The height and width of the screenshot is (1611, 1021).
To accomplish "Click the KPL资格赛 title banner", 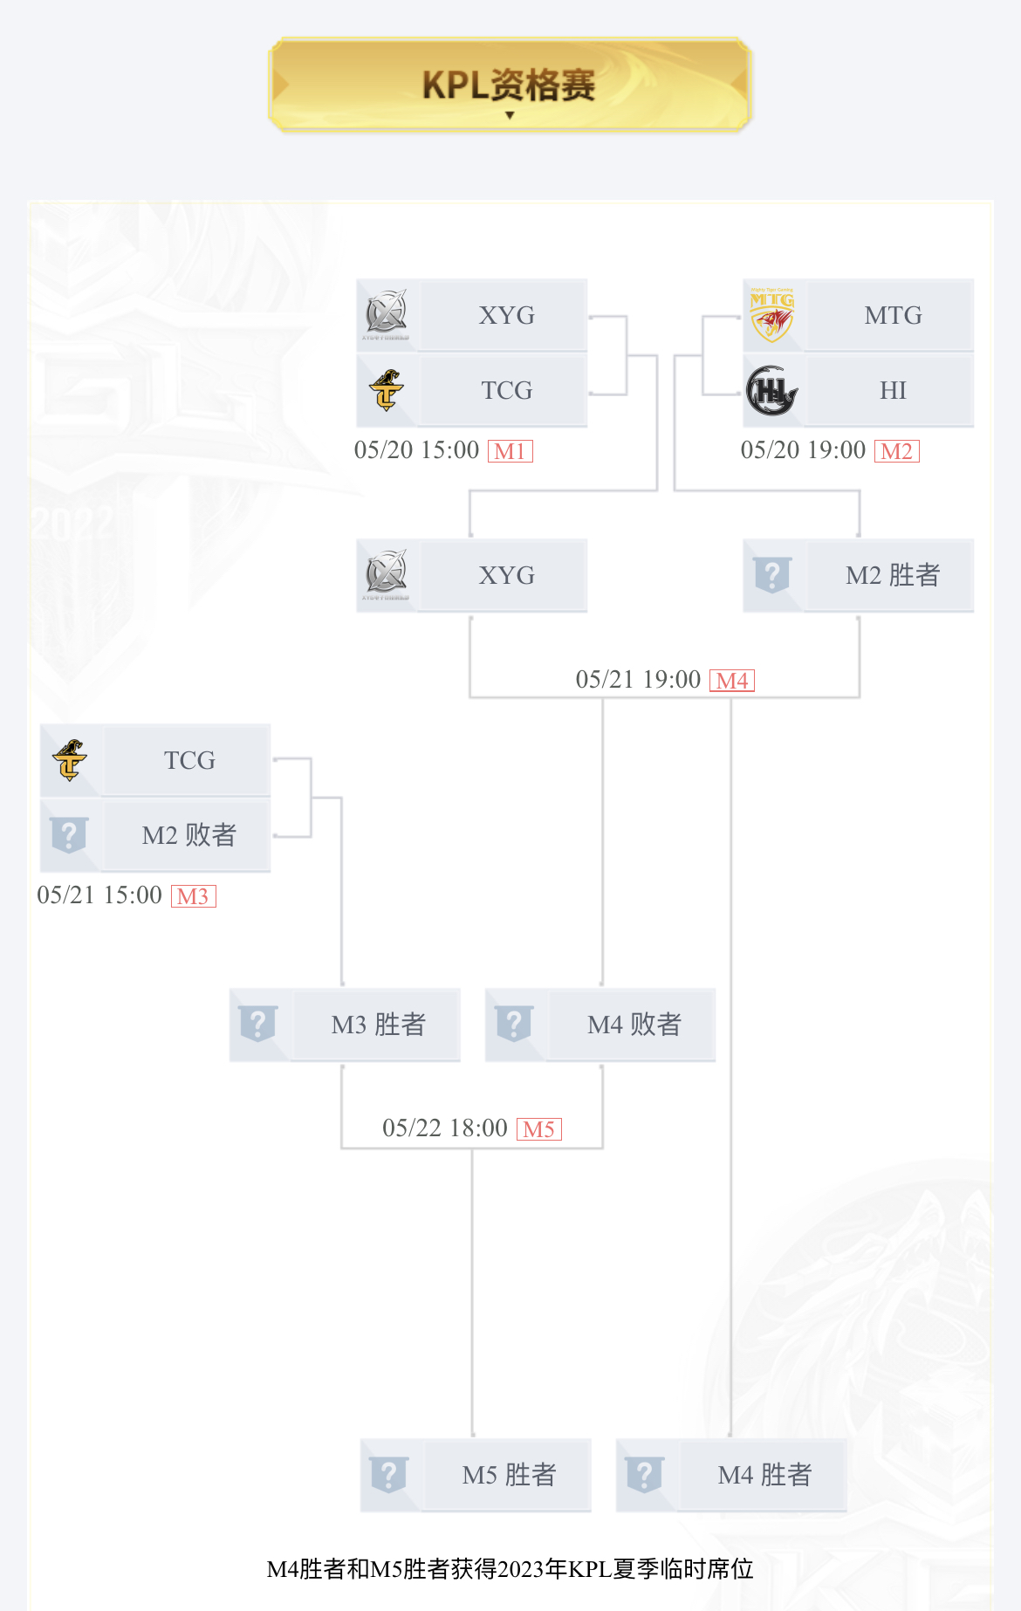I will (510, 85).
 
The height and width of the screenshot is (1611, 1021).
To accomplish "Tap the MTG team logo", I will (772, 315).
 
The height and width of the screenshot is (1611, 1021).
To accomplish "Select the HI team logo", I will (772, 390).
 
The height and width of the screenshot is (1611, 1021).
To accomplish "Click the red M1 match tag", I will (510, 451).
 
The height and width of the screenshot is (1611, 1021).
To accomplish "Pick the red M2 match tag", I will (896, 451).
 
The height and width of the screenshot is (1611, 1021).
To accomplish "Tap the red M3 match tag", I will (193, 896).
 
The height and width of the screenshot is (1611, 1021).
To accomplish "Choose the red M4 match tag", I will (732, 681).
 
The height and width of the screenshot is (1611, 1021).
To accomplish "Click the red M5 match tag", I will (538, 1129).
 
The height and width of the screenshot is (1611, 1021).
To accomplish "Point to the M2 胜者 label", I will (893, 575).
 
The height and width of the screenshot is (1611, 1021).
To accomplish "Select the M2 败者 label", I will (188, 835).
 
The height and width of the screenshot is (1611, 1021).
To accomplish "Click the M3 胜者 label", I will (378, 1025).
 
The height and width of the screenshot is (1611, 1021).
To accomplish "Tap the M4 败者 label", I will (634, 1025).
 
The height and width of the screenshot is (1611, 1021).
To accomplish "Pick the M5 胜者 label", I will (509, 1475).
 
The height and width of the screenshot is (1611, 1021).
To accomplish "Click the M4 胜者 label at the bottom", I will (764, 1475).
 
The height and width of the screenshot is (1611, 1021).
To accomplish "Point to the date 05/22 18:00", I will (445, 1128).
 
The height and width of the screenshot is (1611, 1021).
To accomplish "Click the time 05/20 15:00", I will (416, 450).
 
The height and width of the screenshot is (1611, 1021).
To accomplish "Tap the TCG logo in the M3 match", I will (70, 760).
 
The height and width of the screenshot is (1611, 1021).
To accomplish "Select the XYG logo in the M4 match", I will (386, 575).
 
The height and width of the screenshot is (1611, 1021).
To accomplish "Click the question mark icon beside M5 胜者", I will (389, 1475).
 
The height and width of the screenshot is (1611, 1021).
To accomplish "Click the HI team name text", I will (893, 390).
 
